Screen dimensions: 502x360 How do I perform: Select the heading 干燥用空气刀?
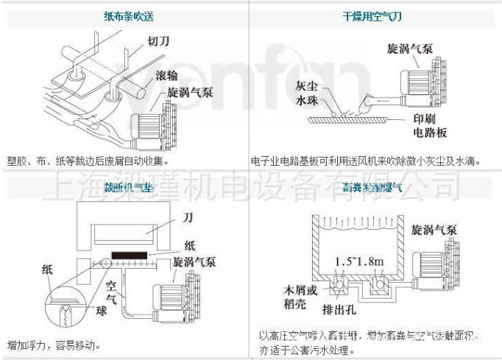375,15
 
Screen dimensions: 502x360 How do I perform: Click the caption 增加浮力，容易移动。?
54,344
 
